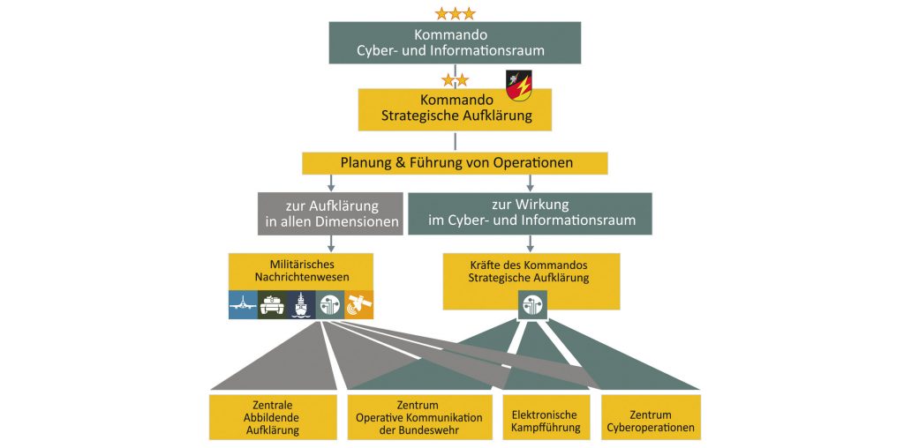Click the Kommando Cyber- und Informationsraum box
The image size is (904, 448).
pyautogui.click(x=455, y=42)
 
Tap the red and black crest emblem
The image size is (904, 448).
pyautogui.click(x=517, y=86)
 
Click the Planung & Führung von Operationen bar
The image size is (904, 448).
pyautogui.click(x=455, y=163)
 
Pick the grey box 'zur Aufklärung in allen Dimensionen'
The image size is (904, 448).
pyautogui.click(x=331, y=213)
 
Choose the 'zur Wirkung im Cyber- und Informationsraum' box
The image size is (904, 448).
pyautogui.click(x=531, y=213)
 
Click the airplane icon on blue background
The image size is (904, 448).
pyautogui.click(x=243, y=304)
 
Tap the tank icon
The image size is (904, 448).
pyautogui.click(x=273, y=304)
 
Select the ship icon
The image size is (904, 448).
pyautogui.click(x=302, y=304)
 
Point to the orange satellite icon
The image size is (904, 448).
pyautogui.click(x=359, y=304)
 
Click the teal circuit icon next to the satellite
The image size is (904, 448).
pyautogui.click(x=331, y=304)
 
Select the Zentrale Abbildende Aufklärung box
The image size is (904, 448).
pyautogui.click(x=274, y=417)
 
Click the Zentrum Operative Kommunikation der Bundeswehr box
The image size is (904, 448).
pyautogui.click(x=419, y=417)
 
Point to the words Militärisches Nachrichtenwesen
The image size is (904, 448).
pyautogui.click(x=300, y=270)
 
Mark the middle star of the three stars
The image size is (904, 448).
pyautogui.click(x=455, y=13)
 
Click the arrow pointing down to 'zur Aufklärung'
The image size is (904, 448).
pyautogui.click(x=331, y=183)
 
